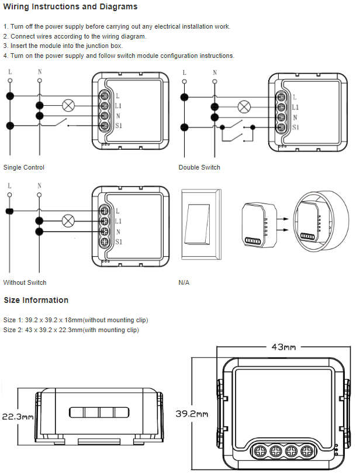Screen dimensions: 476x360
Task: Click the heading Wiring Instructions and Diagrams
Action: pyautogui.click(x=71, y=7)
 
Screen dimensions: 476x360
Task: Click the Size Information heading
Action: pyautogui.click(x=36, y=300)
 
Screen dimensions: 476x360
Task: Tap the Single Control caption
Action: pyautogui.click(x=24, y=167)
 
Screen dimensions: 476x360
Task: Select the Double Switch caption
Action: pyautogui.click(x=199, y=167)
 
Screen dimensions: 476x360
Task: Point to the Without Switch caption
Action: pyautogui.click(x=25, y=282)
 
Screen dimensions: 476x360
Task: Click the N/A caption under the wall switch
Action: pyautogui.click(x=184, y=282)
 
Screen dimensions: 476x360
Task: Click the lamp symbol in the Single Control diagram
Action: pyautogui.click(x=68, y=106)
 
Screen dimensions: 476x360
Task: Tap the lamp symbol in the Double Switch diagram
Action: pyautogui.click(x=243, y=106)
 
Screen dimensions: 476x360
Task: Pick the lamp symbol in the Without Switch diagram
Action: pyautogui.click(x=68, y=221)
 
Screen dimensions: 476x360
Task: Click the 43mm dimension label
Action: pyautogui.click(x=283, y=347)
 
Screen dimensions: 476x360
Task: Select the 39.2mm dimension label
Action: pyautogui.click(x=192, y=413)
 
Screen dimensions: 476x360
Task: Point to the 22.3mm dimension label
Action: pyautogui.click(x=16, y=417)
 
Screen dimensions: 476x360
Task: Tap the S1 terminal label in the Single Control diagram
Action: pyautogui.click(x=119, y=126)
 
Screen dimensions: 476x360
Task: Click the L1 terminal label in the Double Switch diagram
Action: pyautogui.click(x=295, y=107)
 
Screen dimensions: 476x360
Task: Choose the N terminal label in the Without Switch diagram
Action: pyautogui.click(x=119, y=232)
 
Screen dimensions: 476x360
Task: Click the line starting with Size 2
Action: pyautogui.click(x=71, y=330)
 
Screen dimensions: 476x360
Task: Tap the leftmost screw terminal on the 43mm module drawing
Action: pyautogui.click(x=259, y=451)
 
